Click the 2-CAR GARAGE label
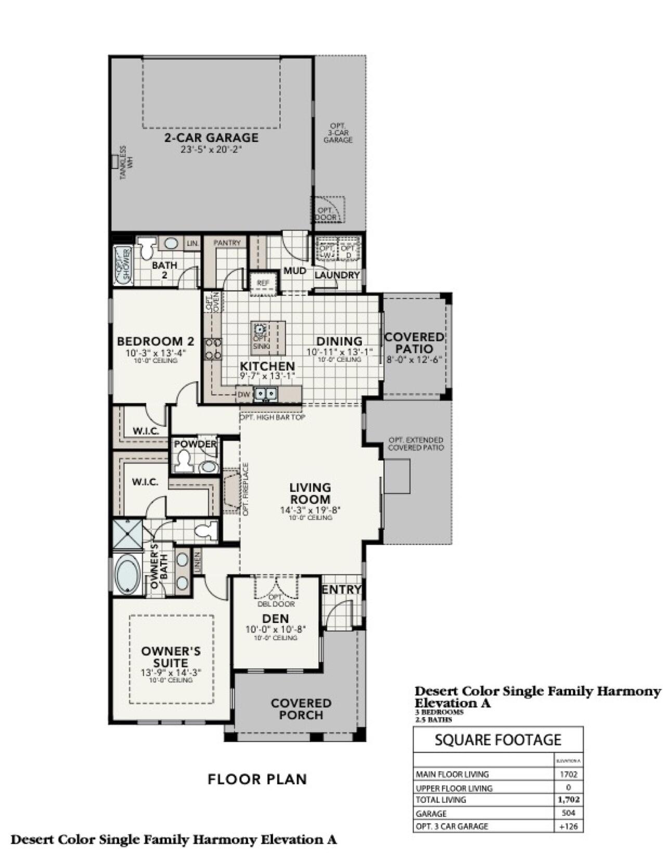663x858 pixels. (211, 138)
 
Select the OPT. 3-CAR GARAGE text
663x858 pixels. (338, 133)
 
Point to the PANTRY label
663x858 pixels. (227, 243)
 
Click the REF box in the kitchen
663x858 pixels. (263, 283)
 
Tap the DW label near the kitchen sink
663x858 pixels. (244, 395)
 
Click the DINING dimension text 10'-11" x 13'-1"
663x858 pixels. (340, 352)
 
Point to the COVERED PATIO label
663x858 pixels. (414, 343)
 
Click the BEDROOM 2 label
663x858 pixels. (155, 342)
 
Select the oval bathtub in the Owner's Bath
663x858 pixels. (127, 576)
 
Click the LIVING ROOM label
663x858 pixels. (310, 493)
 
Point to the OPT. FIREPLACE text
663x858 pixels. (246, 489)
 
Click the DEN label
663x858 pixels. (276, 619)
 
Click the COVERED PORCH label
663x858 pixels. (301, 709)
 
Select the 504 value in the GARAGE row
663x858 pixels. (568, 813)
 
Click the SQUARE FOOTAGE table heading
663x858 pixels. (498, 739)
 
